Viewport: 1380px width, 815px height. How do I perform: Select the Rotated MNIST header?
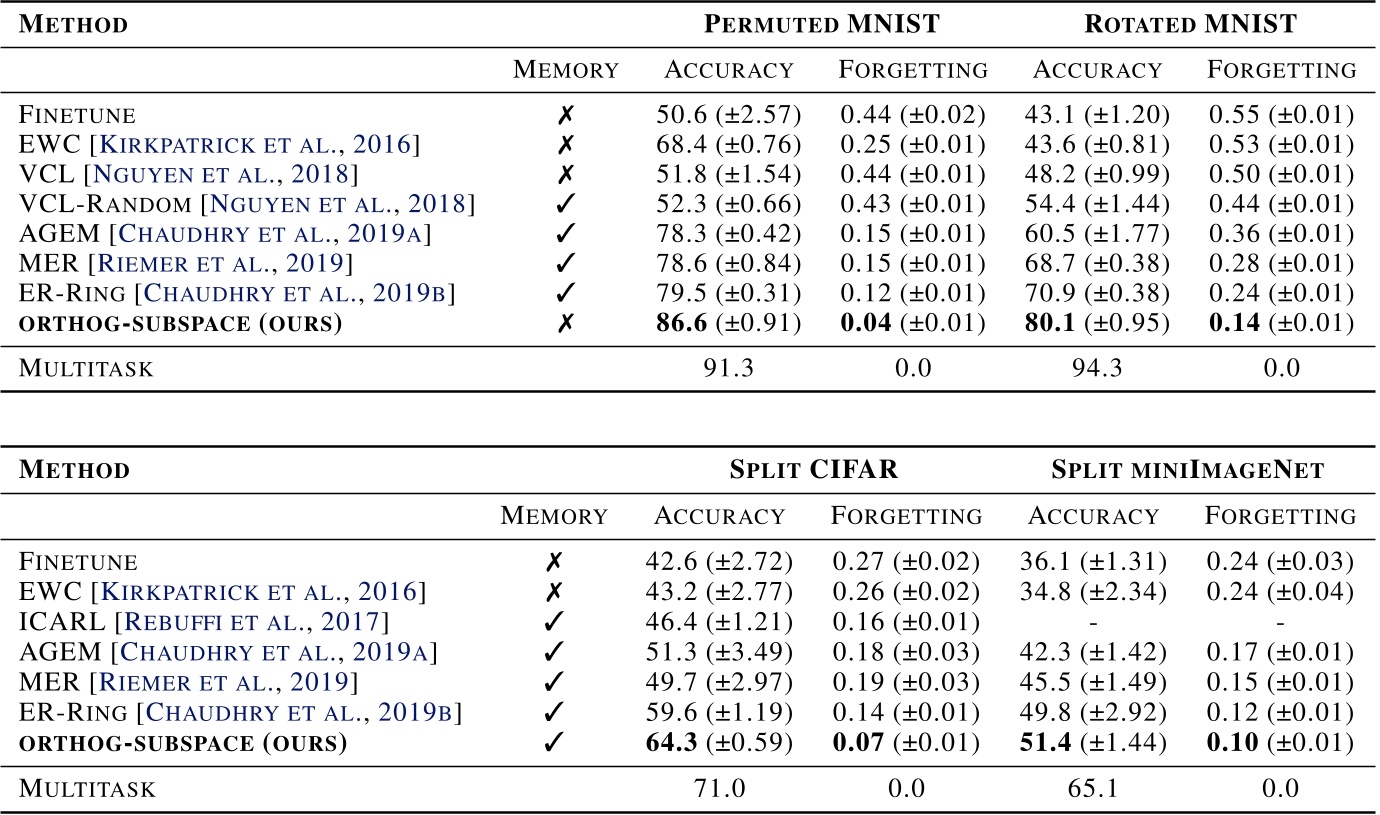(x=1191, y=24)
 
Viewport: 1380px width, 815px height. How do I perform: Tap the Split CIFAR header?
(x=814, y=469)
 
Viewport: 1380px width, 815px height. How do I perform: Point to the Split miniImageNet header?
(x=1189, y=469)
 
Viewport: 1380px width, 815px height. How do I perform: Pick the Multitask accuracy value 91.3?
(x=728, y=368)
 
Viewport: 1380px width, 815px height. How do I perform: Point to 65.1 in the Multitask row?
(x=1095, y=788)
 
